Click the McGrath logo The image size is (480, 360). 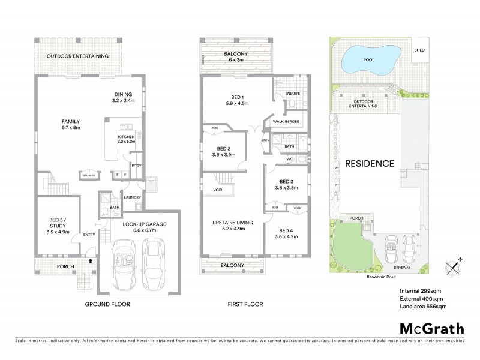(431, 329)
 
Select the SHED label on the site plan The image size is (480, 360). (419, 50)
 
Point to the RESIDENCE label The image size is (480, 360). (369, 163)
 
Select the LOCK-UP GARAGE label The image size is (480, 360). (144, 227)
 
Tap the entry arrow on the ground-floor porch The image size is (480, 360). (90, 262)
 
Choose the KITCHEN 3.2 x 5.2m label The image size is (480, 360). (127, 140)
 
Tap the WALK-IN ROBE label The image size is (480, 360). (284, 122)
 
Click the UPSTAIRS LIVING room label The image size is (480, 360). (233, 226)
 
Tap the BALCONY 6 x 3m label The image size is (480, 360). (236, 56)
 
